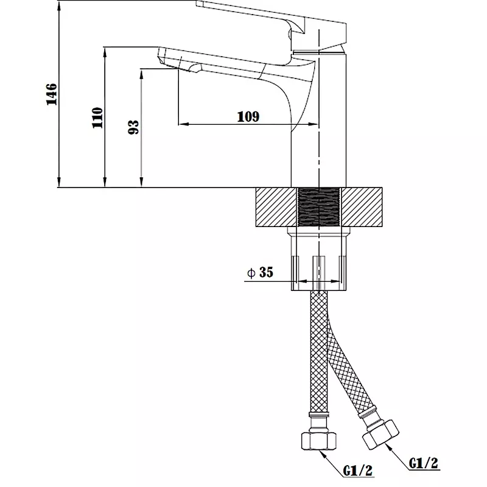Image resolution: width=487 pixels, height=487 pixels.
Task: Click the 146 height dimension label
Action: coord(52,94)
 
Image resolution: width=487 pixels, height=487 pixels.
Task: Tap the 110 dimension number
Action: coord(97,117)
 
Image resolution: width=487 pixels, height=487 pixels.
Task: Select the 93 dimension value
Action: coord(133,127)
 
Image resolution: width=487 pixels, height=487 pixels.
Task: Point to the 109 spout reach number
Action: coord(248,117)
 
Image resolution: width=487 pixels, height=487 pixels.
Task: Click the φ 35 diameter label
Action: coord(260,272)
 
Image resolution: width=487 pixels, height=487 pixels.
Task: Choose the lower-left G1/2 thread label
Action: coord(358,470)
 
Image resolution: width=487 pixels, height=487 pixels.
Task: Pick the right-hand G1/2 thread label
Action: coord(423,463)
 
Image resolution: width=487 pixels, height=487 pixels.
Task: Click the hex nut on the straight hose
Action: coord(318,440)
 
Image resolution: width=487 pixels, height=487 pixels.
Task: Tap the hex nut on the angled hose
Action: coord(381,435)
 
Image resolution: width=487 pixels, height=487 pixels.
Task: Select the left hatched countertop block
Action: coord(276,207)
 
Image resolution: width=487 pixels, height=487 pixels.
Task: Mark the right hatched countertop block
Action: coord(362,207)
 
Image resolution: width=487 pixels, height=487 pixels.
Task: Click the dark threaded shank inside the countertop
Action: coord(318,207)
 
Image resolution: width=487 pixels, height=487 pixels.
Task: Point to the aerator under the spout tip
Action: coord(195,68)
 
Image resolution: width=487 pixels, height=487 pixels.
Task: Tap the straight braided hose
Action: coord(318,351)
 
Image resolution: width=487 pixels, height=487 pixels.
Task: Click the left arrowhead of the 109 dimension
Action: coord(184,125)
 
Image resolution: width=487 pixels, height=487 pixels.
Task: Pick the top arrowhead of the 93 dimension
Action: coord(141,74)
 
